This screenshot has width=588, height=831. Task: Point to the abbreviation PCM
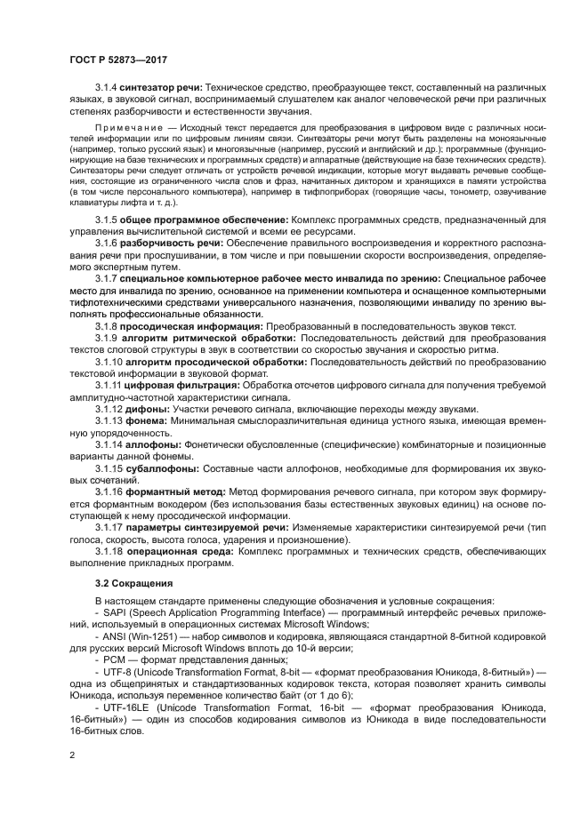[x=114, y=659]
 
